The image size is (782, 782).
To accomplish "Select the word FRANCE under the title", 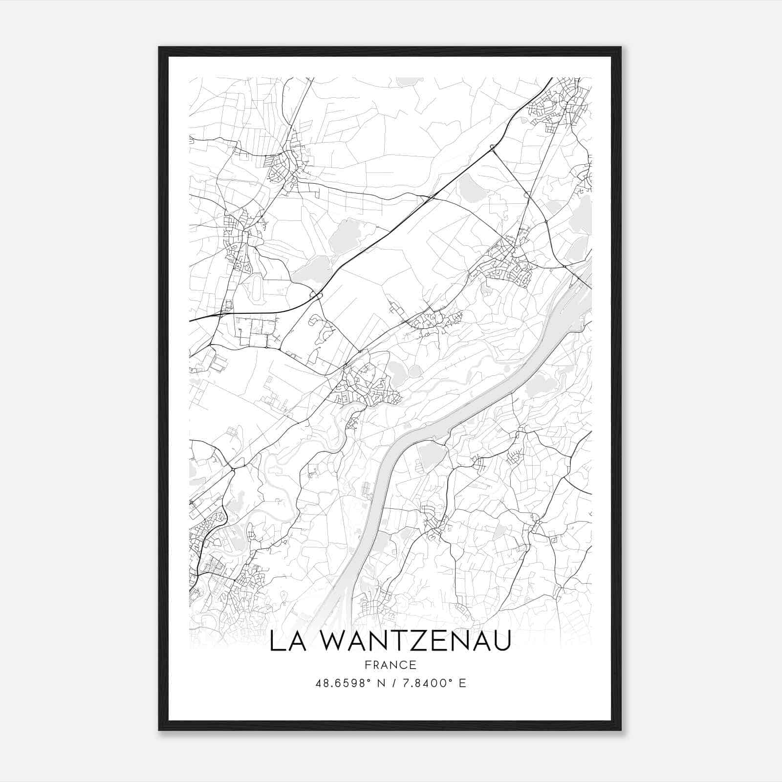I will pos(391,665).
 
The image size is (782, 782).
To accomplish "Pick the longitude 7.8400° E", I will pos(434,683).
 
